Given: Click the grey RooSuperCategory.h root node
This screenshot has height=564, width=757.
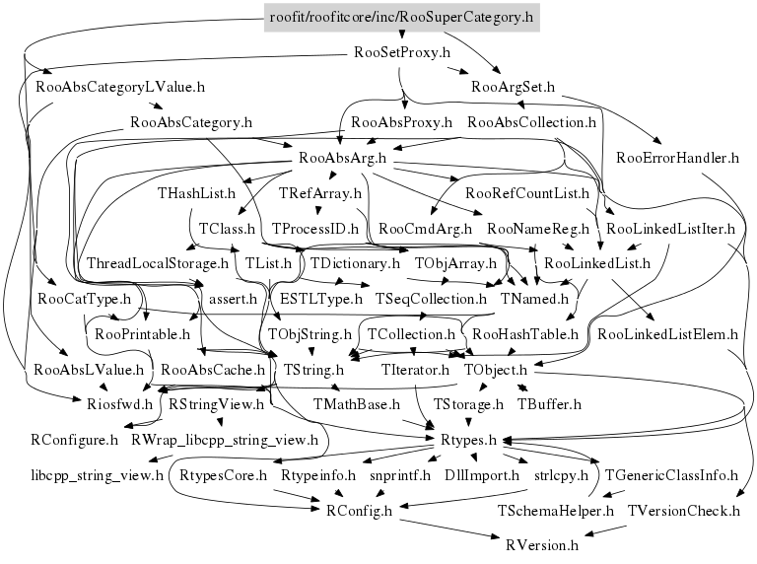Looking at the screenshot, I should [x=402, y=17].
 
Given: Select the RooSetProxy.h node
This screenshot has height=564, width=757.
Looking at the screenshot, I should [x=402, y=52].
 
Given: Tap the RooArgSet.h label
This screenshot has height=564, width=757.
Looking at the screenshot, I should [x=514, y=88].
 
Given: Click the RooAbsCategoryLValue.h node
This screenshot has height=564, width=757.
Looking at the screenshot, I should [x=120, y=88].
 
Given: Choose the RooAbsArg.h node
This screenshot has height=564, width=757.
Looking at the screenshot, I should [x=341, y=158].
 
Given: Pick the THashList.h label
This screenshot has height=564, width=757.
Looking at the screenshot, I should [x=196, y=193].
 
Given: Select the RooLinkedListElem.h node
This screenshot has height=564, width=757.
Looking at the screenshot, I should [x=668, y=335].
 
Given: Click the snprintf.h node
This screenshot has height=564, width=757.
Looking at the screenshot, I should [x=400, y=476].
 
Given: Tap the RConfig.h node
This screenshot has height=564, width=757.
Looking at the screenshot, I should [x=360, y=511].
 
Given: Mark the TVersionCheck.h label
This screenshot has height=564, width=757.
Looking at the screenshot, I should [x=683, y=511].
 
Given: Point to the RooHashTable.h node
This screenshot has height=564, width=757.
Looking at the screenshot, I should [x=524, y=335].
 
